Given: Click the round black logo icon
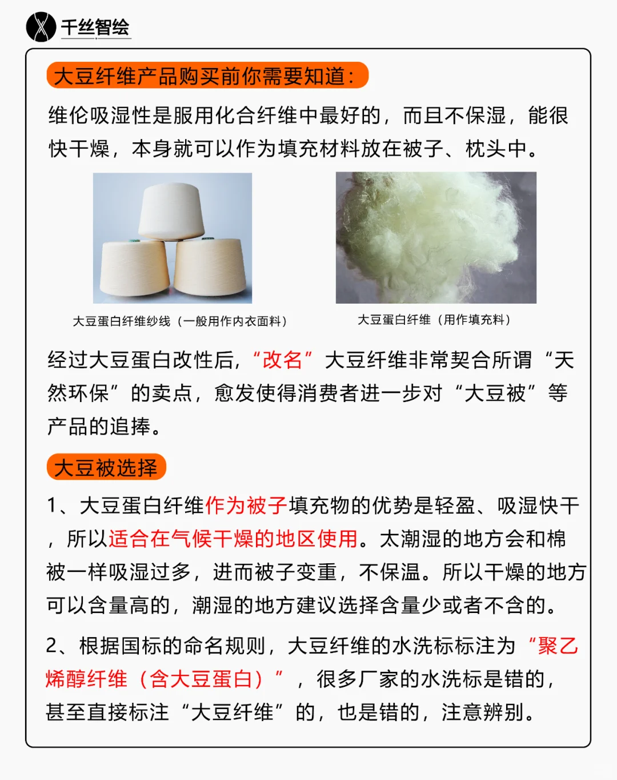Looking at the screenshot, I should point(41,27).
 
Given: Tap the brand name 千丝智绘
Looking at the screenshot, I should point(95,27).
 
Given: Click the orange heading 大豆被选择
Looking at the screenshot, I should point(106,467).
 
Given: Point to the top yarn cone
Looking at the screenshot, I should point(171,211).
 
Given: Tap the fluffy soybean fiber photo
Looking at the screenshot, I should point(436,237).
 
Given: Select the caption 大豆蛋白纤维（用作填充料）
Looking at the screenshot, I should point(435,320).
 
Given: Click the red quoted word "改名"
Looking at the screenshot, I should point(282,360).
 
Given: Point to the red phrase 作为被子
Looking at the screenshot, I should point(246,506).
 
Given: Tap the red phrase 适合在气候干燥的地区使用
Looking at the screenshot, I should point(233,539).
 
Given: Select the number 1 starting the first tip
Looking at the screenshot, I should point(52,506).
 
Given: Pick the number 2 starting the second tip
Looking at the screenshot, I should point(52,646).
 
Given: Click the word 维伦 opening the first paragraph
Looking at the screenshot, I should point(69,116).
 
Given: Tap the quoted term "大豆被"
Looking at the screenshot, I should point(495,393).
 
